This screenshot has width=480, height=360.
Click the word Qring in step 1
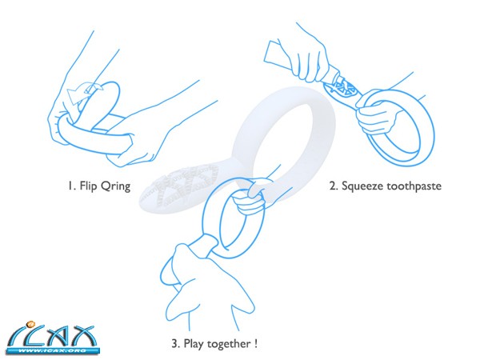tap(116, 186)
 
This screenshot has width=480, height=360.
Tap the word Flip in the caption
tap(88, 186)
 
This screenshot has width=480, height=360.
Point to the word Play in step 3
tap(194, 344)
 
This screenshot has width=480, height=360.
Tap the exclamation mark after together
tap(256, 343)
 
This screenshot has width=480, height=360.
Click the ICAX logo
tap(52, 338)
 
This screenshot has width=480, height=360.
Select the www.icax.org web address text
tap(53, 350)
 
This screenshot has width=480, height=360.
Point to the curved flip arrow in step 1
tap(83, 92)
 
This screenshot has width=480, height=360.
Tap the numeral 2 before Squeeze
tap(333, 186)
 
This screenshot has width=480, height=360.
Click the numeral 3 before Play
tap(174, 343)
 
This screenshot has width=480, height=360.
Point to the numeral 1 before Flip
tap(70, 186)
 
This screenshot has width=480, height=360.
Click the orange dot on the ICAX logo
tap(31, 323)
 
